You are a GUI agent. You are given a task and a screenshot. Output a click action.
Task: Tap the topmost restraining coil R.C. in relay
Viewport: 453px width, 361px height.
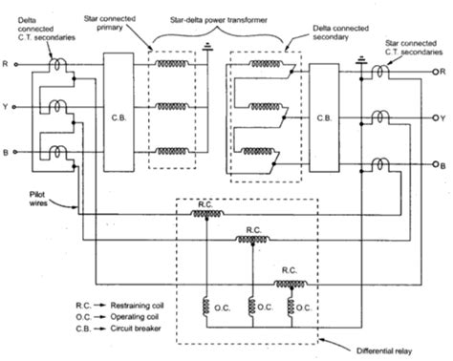coord(201,215)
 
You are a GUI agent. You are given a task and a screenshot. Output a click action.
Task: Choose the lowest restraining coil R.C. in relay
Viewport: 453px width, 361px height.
coord(284,284)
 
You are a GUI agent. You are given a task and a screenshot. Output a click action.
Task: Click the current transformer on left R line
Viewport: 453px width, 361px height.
coord(60,67)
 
